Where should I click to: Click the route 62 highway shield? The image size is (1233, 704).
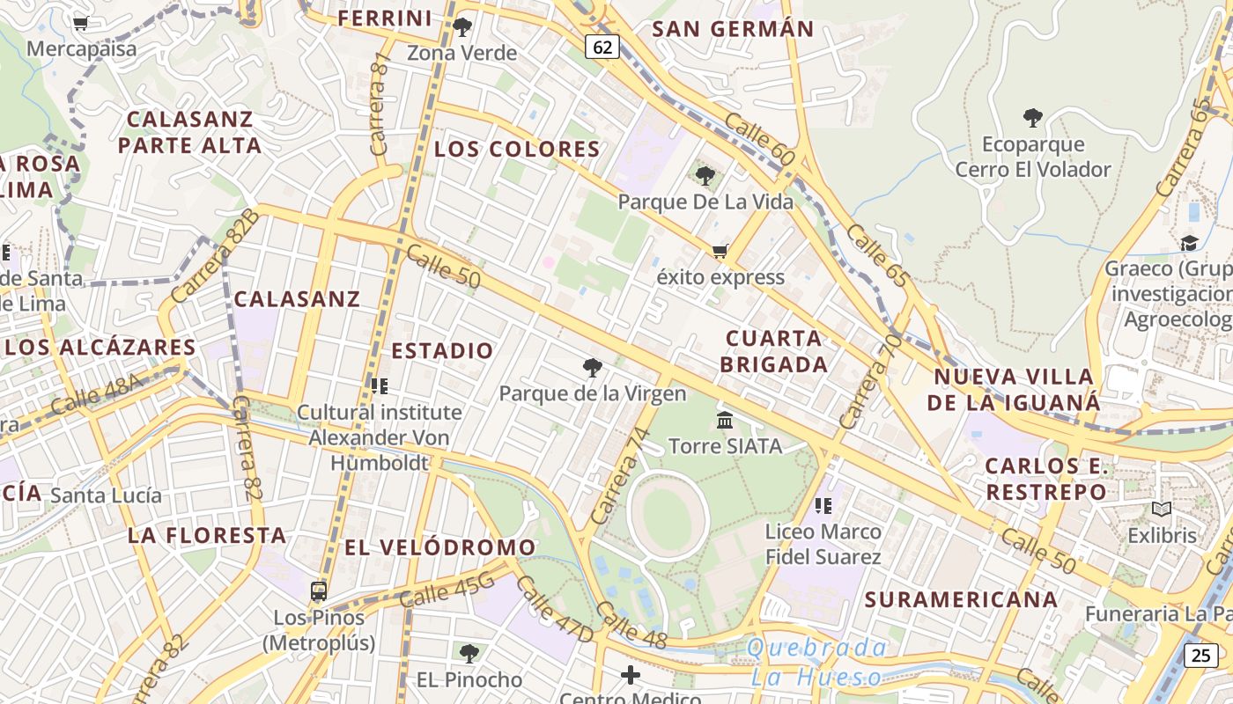(x=602, y=47)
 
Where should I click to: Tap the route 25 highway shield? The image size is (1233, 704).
(x=1201, y=655)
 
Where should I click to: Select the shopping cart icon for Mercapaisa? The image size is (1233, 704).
(x=80, y=24)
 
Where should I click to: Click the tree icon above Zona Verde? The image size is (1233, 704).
(x=462, y=27)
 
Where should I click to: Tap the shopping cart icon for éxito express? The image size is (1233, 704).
(x=720, y=252)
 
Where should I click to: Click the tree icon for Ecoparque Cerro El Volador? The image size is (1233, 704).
(x=1033, y=117)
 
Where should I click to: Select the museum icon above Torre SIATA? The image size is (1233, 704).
(x=725, y=420)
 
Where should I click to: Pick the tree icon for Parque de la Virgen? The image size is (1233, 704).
(x=593, y=367)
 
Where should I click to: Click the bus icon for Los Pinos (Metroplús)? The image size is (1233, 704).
(x=319, y=591)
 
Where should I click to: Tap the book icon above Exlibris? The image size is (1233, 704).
(x=1162, y=509)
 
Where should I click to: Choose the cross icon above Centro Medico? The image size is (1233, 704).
(x=631, y=676)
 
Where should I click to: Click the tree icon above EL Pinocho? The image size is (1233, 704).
(x=469, y=653)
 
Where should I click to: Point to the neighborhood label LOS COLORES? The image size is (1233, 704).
(x=517, y=149)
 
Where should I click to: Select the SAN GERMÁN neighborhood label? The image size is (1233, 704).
(x=733, y=29)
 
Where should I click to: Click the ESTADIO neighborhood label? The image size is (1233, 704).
(x=442, y=350)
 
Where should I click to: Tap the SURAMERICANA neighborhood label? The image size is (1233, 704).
(x=961, y=599)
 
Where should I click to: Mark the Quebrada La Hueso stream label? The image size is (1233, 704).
(x=816, y=662)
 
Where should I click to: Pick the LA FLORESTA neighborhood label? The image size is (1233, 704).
(x=207, y=535)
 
